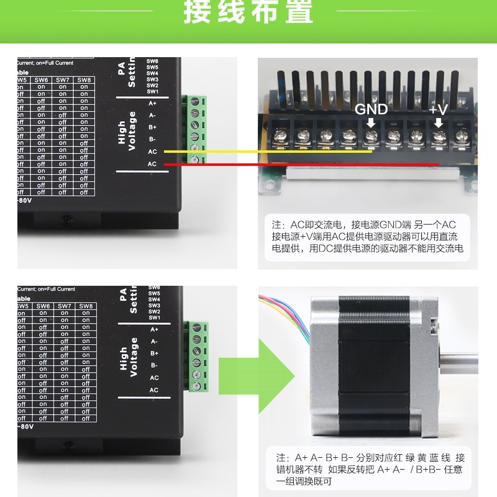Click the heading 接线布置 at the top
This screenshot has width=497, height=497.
248,14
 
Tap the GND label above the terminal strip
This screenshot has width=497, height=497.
371,109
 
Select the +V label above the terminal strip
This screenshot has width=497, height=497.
439,109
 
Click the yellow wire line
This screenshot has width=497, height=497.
267,152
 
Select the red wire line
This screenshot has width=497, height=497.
298,165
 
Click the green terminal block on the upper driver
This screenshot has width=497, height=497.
195,130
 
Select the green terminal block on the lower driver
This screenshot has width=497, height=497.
198,357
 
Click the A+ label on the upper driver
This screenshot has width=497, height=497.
153,103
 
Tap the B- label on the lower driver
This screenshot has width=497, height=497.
154,365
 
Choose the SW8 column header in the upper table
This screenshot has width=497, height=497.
84,80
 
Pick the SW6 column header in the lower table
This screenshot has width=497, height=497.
43,306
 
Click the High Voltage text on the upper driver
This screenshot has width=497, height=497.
127,131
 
